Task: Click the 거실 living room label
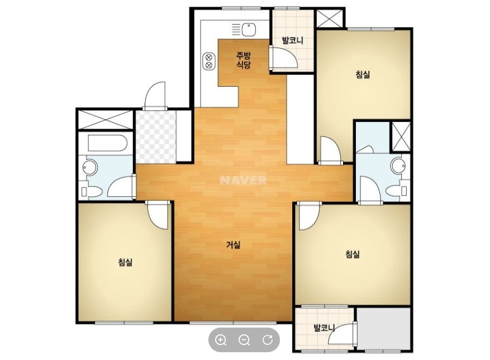[x=233, y=245]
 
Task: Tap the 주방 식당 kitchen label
[x=243, y=60]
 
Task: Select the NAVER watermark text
[x=243, y=180]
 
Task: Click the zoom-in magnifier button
[x=221, y=340]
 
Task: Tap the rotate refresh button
[x=268, y=340]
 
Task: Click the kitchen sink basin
[x=249, y=30]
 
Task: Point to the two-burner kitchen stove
[x=209, y=61]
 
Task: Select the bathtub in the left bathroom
[x=107, y=143]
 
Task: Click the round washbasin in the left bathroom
[x=90, y=167]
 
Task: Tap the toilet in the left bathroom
[x=91, y=192]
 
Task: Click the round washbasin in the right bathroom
[x=398, y=165]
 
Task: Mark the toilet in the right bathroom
[x=397, y=190]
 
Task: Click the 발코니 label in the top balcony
[x=293, y=40]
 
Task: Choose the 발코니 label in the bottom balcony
[x=325, y=328]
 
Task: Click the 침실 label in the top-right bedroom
[x=363, y=74]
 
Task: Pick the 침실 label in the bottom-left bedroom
[x=125, y=262]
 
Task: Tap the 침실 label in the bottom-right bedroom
[x=353, y=254]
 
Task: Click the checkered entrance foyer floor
[x=156, y=137]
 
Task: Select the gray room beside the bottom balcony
[x=383, y=328]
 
